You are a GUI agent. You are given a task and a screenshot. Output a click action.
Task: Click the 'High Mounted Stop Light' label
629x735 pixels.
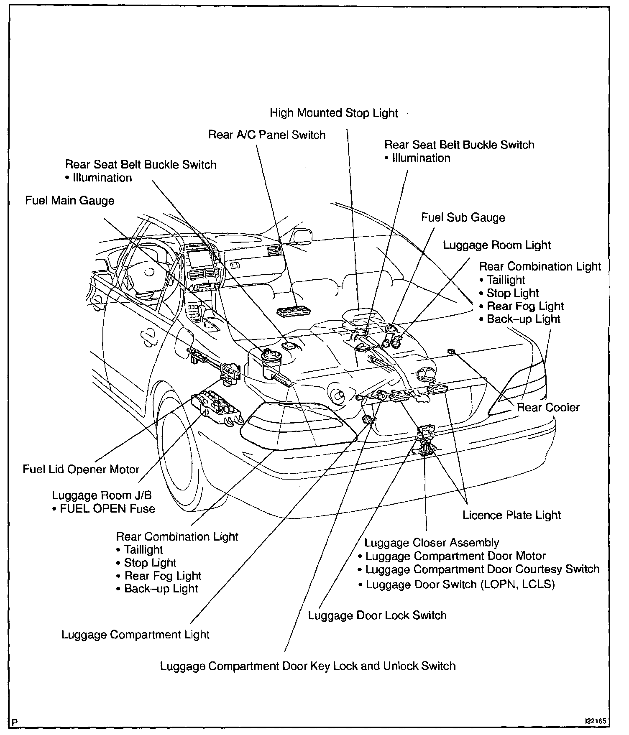click(x=334, y=113)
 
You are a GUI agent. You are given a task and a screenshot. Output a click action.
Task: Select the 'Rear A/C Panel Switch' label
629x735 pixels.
click(x=267, y=135)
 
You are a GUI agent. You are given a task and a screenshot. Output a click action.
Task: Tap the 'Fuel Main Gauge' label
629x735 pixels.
click(x=70, y=201)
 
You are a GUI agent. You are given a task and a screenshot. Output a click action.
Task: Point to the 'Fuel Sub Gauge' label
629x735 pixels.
click(x=463, y=218)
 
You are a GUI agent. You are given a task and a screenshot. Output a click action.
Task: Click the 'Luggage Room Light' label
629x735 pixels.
click(x=497, y=245)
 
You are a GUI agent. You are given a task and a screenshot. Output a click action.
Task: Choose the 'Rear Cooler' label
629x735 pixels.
click(x=548, y=407)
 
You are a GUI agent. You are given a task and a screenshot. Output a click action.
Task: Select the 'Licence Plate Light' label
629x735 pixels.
click(x=511, y=515)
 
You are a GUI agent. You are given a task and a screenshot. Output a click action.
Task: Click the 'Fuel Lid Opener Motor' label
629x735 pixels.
click(x=81, y=469)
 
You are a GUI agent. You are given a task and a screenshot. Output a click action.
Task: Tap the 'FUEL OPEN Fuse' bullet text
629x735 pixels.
click(x=107, y=509)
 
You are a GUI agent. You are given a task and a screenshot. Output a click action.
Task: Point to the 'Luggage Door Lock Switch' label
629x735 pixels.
click(x=377, y=615)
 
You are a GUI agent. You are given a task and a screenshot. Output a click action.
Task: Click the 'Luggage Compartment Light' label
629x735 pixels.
click(x=136, y=635)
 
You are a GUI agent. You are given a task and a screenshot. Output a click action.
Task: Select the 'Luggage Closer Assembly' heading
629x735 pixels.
click(x=432, y=543)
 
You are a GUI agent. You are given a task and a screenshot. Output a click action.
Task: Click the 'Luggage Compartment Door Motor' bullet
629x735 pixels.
click(x=455, y=556)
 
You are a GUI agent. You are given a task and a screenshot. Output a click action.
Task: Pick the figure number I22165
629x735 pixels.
click(x=595, y=722)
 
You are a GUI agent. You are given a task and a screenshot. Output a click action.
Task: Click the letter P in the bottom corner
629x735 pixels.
click(x=15, y=722)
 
